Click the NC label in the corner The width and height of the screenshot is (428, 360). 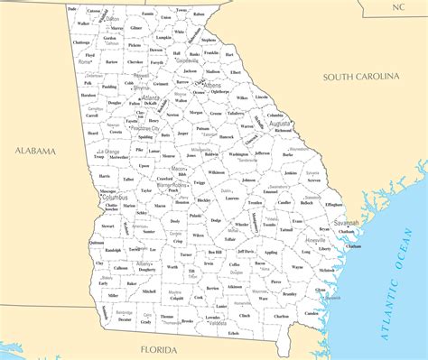398,6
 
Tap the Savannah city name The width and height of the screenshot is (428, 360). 346,222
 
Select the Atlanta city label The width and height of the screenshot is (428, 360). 163,97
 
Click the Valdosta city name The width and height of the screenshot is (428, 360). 216,322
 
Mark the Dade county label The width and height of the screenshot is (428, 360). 71,8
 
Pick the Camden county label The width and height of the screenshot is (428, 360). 311,313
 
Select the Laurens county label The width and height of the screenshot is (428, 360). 232,198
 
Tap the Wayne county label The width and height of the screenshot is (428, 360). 297,267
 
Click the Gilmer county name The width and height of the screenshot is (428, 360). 136,28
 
